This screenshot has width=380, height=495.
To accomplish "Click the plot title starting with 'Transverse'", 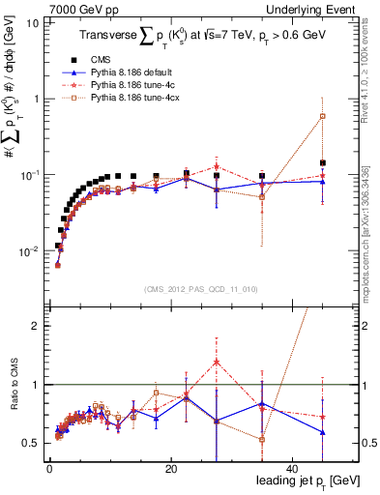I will coord(207,39).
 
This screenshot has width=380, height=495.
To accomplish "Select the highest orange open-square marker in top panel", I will coord(322,116).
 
